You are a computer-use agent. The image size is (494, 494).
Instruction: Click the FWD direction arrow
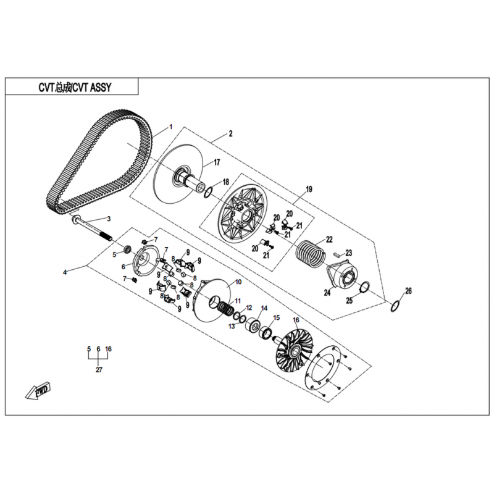38,391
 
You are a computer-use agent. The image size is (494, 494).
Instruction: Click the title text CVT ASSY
92,87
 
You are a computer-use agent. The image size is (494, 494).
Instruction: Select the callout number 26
408,291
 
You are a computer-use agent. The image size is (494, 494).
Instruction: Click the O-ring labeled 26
395,306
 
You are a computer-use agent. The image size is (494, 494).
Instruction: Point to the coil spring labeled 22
311,253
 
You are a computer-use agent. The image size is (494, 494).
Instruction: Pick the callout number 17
217,162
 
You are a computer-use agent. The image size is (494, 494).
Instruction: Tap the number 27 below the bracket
99,369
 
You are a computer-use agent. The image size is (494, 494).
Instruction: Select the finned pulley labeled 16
295,351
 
